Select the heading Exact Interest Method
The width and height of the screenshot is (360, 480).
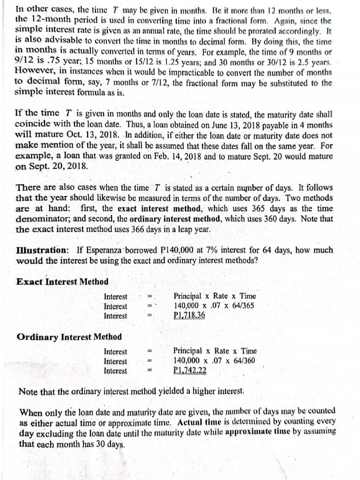click(62, 282)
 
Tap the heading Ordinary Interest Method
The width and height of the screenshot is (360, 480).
click(69, 337)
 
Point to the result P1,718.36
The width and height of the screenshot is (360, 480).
click(189, 315)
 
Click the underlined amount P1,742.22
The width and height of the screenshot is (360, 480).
click(189, 370)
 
